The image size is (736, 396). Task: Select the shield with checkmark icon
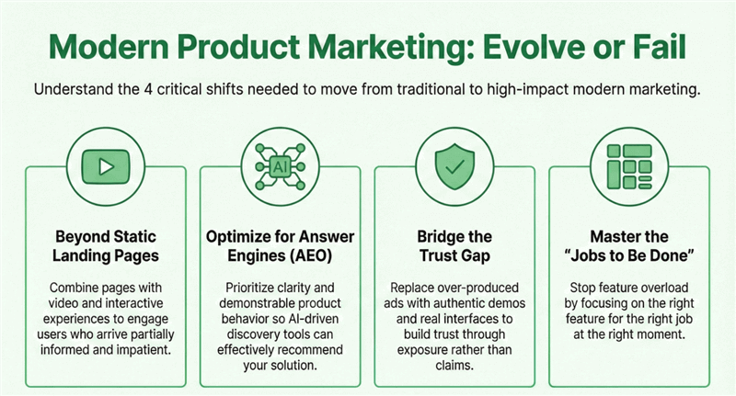click(x=455, y=167)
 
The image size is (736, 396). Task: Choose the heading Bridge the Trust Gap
click(x=455, y=245)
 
